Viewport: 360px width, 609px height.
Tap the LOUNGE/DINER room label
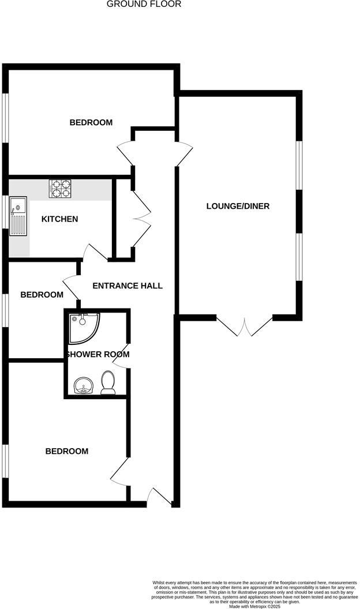pos(238,206)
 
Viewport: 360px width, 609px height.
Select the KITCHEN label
pos(59,219)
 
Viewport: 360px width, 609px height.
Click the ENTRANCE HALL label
pos(127,285)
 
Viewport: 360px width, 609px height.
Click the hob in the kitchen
pos(60,189)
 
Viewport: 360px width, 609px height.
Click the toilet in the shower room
pos(107,382)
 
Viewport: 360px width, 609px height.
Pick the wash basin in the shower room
pos(84,385)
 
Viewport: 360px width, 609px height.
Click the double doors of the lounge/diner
pos(245,326)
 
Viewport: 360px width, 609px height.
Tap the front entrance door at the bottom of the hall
pos(159,497)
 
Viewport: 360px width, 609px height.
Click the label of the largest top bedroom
pos(91,122)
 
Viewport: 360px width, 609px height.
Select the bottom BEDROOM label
pos(67,451)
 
